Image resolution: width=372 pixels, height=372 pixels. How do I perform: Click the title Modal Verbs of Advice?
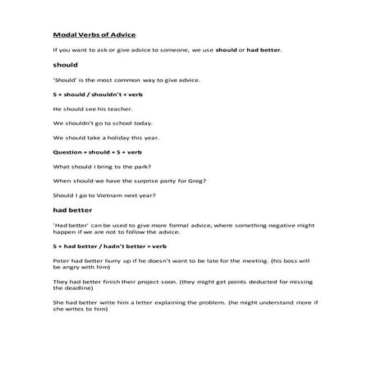pos(94,35)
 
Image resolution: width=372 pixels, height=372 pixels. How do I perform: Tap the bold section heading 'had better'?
pos(71,211)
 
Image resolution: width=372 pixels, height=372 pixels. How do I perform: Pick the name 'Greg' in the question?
pos(194,180)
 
